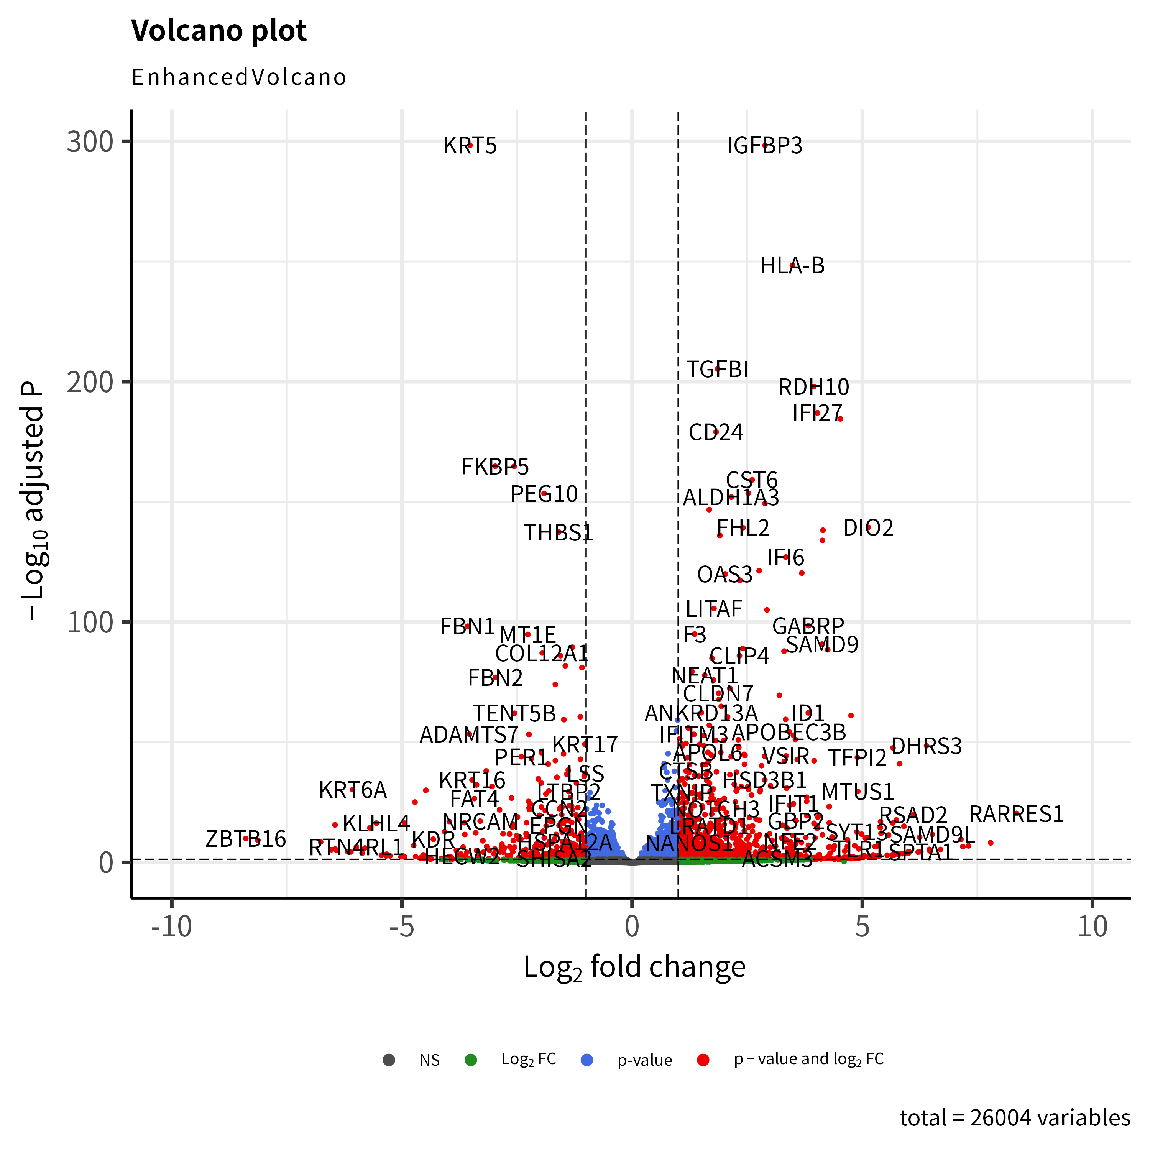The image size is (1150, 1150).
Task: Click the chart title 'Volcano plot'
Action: pyautogui.click(x=219, y=31)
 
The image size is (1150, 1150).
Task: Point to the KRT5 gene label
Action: pyautogui.click(x=470, y=146)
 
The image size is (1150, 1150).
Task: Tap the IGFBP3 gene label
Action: pyautogui.click(x=764, y=146)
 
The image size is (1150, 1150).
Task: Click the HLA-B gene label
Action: pyautogui.click(x=792, y=266)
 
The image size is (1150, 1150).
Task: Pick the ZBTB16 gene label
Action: pyautogui.click(x=245, y=839)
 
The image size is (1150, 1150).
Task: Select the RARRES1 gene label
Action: pyautogui.click(x=1016, y=814)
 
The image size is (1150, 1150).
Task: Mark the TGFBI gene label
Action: pyautogui.click(x=717, y=370)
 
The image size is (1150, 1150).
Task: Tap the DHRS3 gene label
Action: pyautogui.click(x=926, y=746)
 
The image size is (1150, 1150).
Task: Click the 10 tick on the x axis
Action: pyautogui.click(x=1092, y=927)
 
